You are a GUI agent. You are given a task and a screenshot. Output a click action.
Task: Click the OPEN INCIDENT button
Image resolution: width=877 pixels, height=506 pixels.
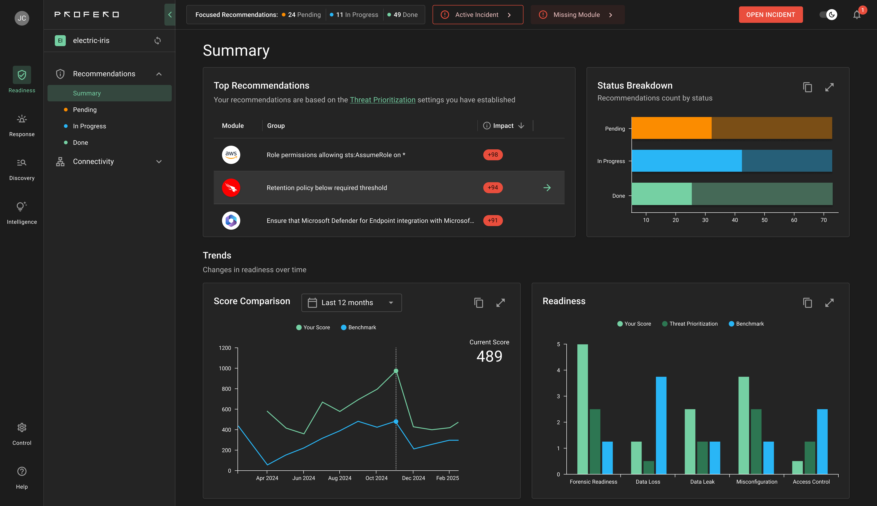pos(770,15)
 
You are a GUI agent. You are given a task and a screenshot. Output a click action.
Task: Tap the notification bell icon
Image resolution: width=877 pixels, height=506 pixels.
pos(856,15)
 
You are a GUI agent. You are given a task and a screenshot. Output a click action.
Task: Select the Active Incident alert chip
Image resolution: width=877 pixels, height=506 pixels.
pos(477,15)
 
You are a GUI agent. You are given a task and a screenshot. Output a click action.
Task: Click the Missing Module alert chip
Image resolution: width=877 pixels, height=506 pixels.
pos(577,15)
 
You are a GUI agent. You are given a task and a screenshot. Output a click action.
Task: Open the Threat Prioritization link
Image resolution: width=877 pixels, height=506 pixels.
pos(382,100)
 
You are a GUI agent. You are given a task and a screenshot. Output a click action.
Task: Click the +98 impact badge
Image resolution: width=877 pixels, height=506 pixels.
pos(493,155)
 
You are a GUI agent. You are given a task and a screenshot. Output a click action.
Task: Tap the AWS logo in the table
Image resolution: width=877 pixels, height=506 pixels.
pos(231,155)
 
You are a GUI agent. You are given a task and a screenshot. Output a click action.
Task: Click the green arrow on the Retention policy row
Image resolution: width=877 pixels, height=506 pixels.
pos(547,188)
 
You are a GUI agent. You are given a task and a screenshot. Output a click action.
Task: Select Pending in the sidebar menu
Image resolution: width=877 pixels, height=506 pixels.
pos(85,109)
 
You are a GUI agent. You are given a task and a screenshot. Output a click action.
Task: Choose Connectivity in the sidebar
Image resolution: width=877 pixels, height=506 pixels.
pos(93,162)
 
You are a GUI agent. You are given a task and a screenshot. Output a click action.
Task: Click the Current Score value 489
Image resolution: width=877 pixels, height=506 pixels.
pos(489,356)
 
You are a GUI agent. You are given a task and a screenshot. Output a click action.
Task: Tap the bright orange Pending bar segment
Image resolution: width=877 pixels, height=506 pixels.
pos(671,128)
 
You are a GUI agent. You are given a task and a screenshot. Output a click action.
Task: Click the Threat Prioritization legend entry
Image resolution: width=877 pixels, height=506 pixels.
pos(690,324)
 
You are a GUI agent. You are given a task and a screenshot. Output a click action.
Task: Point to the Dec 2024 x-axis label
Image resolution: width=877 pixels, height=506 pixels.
pos(413,478)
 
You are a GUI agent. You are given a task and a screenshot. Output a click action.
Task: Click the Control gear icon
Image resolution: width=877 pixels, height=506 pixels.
pos(22,427)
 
